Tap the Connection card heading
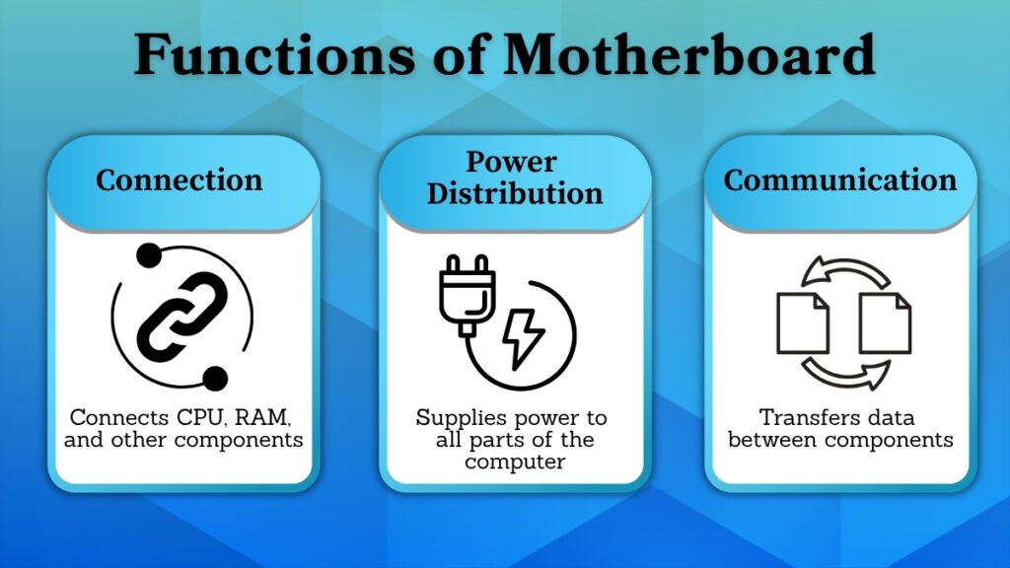(x=180, y=180)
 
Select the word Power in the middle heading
(x=512, y=161)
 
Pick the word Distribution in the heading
(x=515, y=192)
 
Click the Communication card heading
(x=840, y=180)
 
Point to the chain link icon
(x=182, y=317)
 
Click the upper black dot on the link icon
(x=148, y=257)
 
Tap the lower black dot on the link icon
(x=216, y=377)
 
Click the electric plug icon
(x=466, y=295)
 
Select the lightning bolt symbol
(x=523, y=336)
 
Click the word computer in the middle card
(x=515, y=461)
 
